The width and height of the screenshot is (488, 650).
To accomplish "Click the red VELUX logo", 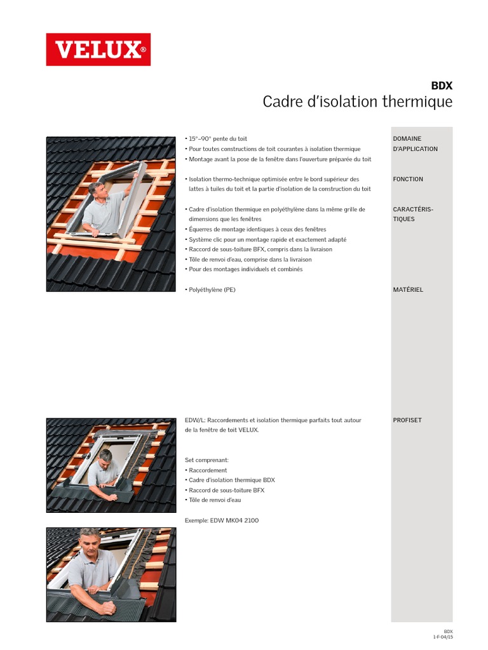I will point(98,50).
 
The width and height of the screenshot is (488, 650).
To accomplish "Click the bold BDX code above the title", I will point(442,86).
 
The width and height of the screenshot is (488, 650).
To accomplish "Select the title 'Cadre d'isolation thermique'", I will point(357,102).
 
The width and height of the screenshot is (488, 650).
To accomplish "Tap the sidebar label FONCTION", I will point(408,179).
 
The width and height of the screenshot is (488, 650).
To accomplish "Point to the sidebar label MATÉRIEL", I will point(408,289).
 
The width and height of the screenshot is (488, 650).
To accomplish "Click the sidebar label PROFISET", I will point(407,420).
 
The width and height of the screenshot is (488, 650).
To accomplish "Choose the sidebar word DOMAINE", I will point(407,138).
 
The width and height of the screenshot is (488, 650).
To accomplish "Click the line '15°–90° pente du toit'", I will point(218,138).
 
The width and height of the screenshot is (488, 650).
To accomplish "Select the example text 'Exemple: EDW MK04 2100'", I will point(221,521).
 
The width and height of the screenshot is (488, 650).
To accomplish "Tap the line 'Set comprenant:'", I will point(207,460).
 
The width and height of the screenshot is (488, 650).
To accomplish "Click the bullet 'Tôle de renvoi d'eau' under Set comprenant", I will point(215,500).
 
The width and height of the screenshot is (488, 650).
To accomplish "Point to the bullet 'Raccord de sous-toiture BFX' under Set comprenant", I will point(226,490).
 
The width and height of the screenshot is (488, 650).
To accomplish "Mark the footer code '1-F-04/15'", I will point(443,636).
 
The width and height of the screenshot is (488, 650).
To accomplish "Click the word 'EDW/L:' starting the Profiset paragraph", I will point(195,420).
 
